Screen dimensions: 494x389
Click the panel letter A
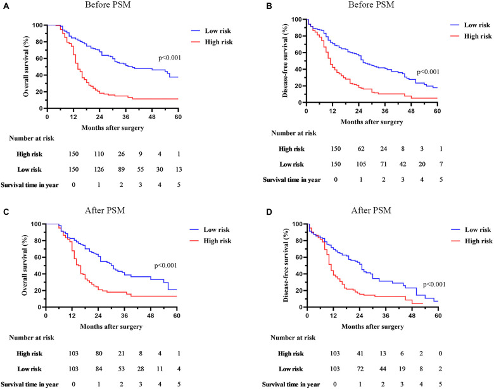point(6,6)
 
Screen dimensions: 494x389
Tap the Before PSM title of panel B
point(371,4)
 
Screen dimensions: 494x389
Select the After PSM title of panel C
point(105,210)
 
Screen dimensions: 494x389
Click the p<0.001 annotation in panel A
point(170,58)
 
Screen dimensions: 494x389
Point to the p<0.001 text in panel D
point(434,284)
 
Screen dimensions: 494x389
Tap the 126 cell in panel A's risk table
point(99,170)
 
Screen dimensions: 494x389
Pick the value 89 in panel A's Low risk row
point(122,170)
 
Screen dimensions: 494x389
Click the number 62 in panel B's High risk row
point(361,149)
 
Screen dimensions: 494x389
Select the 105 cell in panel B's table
point(361,164)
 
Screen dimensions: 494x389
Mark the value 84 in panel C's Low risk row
point(99,369)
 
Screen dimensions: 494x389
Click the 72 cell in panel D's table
point(360,369)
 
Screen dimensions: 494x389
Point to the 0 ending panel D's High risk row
point(440,354)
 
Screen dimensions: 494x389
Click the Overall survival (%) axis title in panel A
point(26,67)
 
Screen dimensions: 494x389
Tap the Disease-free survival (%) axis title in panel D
point(286,265)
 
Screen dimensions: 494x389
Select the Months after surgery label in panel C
point(111,326)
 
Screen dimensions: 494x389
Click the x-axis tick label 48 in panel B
point(411,111)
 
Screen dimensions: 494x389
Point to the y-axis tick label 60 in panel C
point(37,257)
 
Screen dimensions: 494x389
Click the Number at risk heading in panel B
point(294,133)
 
